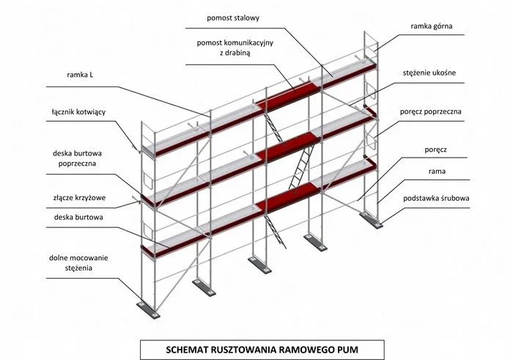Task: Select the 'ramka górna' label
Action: [431, 26]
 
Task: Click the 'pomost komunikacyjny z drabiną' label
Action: [234, 48]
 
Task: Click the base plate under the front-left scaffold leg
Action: [148, 302]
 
